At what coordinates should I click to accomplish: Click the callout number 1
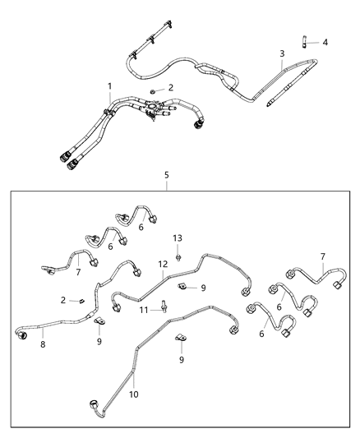109,86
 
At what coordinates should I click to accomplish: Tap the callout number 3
282,54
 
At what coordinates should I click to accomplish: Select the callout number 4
325,42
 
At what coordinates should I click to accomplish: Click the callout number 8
43,345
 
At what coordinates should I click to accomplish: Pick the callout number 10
134,394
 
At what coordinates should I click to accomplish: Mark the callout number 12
163,264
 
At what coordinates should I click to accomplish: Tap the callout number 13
177,237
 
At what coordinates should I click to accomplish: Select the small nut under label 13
178,250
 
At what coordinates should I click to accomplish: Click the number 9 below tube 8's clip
99,340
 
